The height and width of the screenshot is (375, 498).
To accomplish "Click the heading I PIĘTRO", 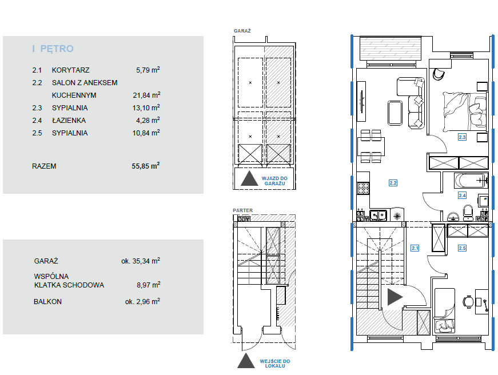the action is [x=53, y=49].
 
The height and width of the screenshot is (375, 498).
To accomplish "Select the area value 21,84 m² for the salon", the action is [x=146, y=95].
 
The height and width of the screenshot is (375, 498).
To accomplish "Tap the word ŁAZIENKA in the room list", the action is [x=69, y=121].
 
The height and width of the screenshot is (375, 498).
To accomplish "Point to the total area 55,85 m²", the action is [x=146, y=166].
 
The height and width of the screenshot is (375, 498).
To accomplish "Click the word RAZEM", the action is [x=44, y=166].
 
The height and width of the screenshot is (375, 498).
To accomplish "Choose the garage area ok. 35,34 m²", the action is [x=141, y=261].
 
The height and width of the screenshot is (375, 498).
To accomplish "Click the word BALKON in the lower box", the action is [x=47, y=302].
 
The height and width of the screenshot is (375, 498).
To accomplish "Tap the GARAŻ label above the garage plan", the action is [x=242, y=31].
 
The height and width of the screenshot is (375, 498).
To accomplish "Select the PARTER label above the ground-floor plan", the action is [x=242, y=210].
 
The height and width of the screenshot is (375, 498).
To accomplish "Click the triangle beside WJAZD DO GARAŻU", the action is [x=249, y=179].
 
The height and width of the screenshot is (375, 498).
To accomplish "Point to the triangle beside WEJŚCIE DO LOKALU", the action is [x=246, y=361].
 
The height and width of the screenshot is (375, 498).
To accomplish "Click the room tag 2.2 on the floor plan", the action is [x=393, y=183].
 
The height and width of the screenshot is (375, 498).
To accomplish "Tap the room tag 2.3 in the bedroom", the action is [x=462, y=137].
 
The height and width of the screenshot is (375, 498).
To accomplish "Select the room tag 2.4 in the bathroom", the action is [x=462, y=196].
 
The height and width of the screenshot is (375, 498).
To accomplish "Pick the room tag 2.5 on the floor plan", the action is [x=462, y=248].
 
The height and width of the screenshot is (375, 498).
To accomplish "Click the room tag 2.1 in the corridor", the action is [x=415, y=248].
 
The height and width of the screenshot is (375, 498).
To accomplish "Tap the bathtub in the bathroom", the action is [x=471, y=181].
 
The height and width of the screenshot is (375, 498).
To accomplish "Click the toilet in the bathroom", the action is [x=468, y=213].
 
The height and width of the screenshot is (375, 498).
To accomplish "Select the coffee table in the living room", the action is [x=395, y=113].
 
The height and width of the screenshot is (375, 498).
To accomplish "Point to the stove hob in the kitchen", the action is [x=363, y=188].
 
